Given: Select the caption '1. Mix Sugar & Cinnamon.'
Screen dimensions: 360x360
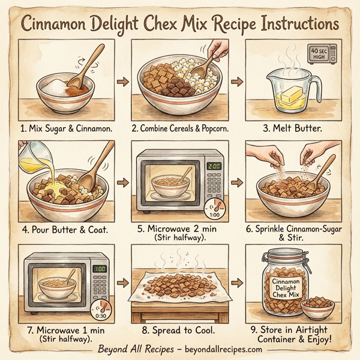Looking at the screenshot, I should pyautogui.click(x=67, y=127).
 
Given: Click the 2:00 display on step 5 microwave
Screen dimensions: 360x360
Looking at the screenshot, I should pyautogui.click(x=213, y=166).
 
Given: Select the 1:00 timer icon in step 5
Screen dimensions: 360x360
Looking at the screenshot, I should pyautogui.click(x=214, y=211).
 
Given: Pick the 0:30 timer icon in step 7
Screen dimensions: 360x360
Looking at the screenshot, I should pyautogui.click(x=101, y=314).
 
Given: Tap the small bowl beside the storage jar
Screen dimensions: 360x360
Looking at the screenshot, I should pyautogui.click(x=317, y=310).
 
